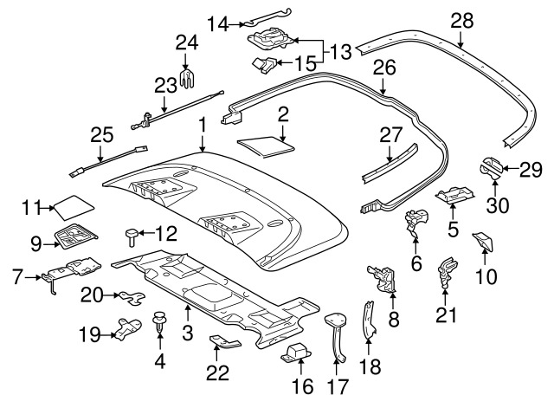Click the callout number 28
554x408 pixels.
[x=461, y=21]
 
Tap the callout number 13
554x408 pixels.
[x=340, y=52]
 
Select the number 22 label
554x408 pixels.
[x=217, y=372]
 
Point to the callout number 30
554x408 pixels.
[x=498, y=205]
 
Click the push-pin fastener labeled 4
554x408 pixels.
[x=160, y=320]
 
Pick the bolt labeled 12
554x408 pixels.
[x=132, y=236]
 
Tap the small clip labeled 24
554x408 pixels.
[x=187, y=79]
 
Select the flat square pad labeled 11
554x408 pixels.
[x=74, y=206]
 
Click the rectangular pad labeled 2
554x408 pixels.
[x=266, y=146]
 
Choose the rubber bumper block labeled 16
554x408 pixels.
[x=296, y=353]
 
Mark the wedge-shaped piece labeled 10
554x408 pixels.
[x=483, y=241]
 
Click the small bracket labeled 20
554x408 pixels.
[x=132, y=297]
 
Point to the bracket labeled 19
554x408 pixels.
[x=127, y=328]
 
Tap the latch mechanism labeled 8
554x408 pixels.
[x=383, y=277]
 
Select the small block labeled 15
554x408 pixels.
[x=264, y=65]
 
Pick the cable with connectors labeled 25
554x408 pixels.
[x=109, y=161]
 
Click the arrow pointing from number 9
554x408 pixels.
[x=50, y=244]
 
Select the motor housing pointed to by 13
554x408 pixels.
[x=270, y=38]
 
